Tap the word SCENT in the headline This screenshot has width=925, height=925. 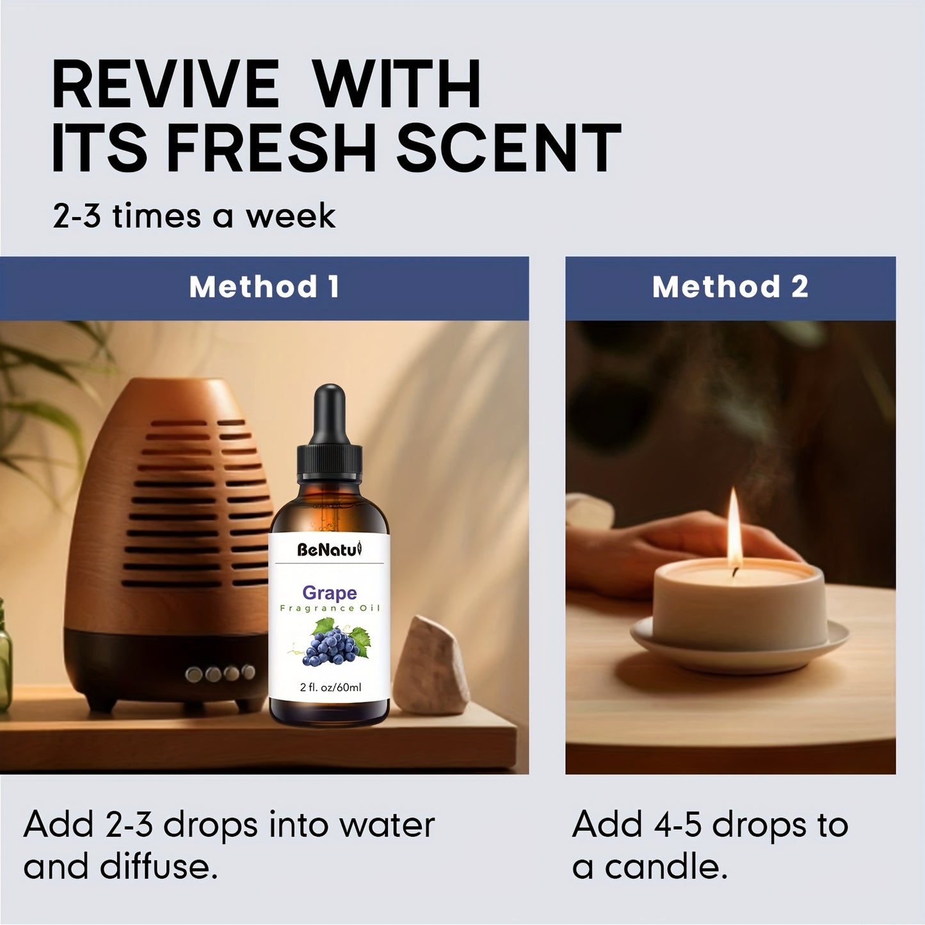coord(509,149)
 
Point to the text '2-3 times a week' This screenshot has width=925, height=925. coord(193,216)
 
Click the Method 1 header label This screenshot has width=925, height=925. coord(264,287)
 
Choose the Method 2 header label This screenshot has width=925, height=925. coord(730,287)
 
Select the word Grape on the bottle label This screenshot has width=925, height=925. coord(329,593)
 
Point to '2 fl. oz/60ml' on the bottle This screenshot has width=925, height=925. coord(330,688)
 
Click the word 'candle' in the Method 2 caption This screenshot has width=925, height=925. coord(665,867)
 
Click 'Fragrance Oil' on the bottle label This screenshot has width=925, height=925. coord(329,608)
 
